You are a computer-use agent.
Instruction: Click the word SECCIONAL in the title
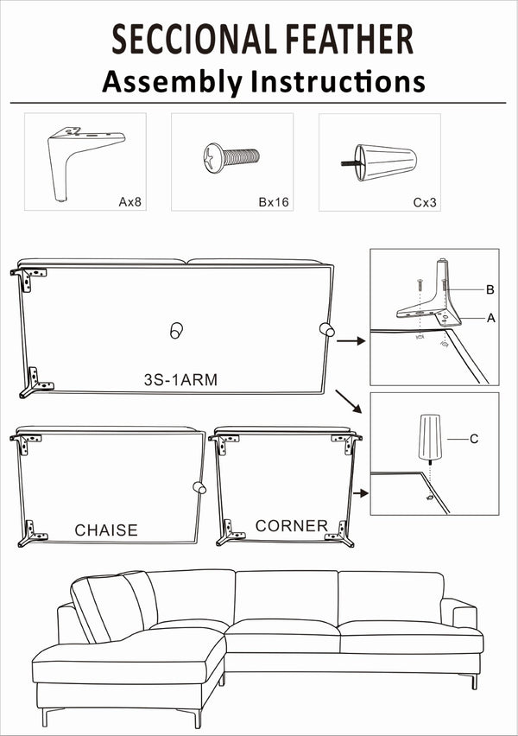click(x=192, y=40)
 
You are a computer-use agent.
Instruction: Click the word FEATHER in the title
click(x=347, y=40)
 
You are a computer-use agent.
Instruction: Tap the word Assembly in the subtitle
click(x=173, y=81)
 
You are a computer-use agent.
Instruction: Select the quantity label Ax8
click(x=129, y=202)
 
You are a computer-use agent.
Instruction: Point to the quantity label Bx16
click(x=274, y=202)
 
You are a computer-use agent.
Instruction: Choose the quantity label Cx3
click(x=423, y=202)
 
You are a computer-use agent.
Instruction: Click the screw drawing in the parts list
click(x=231, y=157)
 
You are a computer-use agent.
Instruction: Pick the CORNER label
click(x=291, y=525)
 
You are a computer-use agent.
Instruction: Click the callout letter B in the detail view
click(x=490, y=289)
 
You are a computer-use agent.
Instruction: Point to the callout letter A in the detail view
click(x=490, y=318)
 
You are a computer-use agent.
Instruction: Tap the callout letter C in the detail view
click(x=474, y=439)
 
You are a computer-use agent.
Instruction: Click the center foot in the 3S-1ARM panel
click(x=175, y=329)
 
